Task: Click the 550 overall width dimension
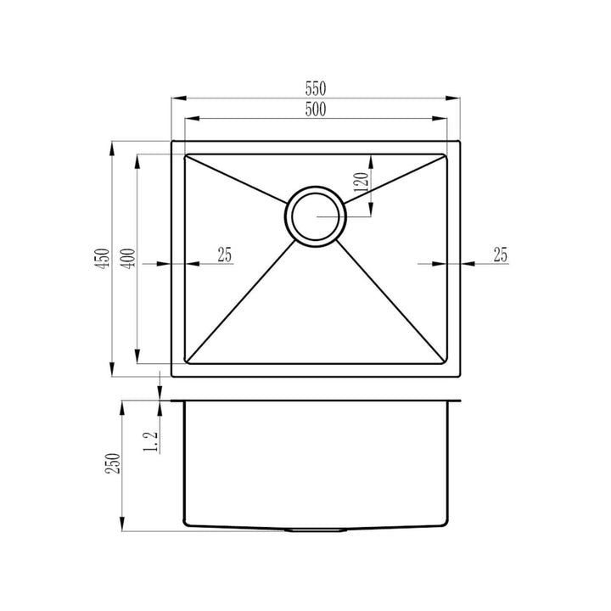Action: tap(316, 88)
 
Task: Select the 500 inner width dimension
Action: tap(316, 109)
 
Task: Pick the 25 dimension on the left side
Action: tap(225, 253)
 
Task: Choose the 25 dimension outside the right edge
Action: tap(500, 253)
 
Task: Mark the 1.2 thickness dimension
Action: tap(154, 440)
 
